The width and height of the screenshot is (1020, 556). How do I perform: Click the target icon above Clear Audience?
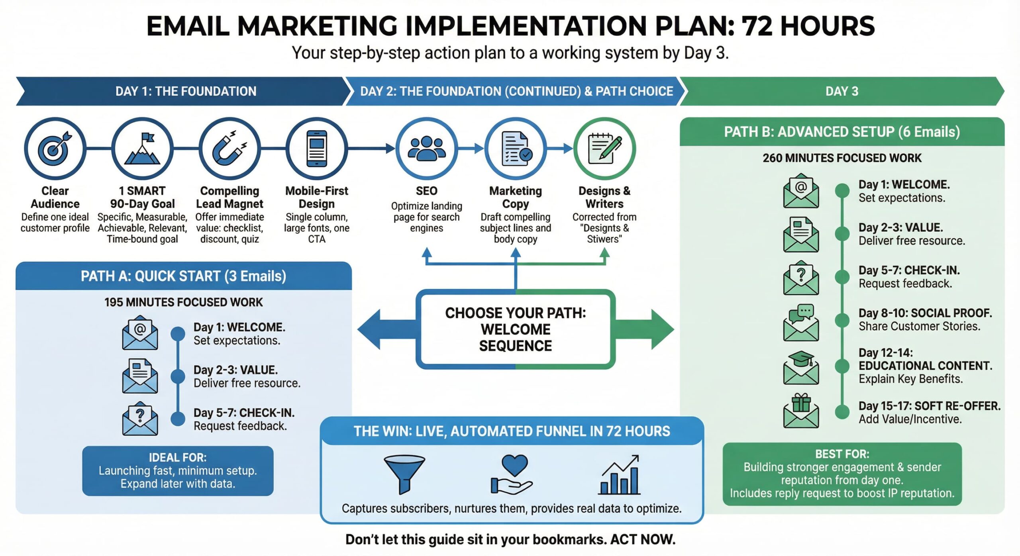[x=55, y=149]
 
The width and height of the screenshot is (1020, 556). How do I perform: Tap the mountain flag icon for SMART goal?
[x=142, y=149]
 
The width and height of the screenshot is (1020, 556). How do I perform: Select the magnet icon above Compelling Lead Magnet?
[x=229, y=149]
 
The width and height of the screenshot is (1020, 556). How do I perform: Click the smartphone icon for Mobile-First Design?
[x=317, y=149]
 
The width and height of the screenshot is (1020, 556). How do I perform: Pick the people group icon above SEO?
[x=427, y=149]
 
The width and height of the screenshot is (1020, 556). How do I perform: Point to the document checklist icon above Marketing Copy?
[x=516, y=149]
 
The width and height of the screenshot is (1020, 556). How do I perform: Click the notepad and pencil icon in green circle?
[x=604, y=149]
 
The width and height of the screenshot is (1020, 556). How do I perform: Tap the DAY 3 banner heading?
[x=841, y=91]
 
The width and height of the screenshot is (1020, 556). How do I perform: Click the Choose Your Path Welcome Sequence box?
[x=516, y=329]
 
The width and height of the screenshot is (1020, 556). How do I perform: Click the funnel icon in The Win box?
[x=404, y=474]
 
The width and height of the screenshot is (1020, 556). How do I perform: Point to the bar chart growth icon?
[x=620, y=475]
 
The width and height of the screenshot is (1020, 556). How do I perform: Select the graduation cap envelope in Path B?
[x=801, y=368]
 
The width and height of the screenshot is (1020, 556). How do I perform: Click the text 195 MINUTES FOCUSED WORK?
[x=183, y=302]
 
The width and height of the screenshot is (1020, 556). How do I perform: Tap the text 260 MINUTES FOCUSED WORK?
[x=842, y=158]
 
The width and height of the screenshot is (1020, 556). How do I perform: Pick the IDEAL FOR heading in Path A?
[x=178, y=457]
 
